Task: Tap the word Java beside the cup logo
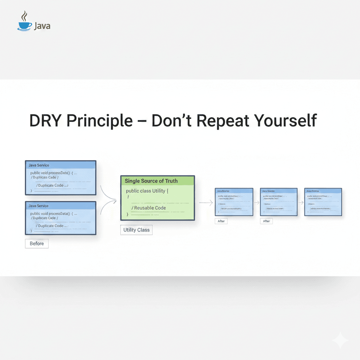click(x=42, y=26)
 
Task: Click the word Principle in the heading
click(x=99, y=121)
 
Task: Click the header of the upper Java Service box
click(x=60, y=165)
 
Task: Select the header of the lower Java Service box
click(x=60, y=206)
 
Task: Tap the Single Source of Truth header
click(x=157, y=181)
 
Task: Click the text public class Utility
click(x=147, y=191)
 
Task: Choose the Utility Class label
click(x=136, y=230)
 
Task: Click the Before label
click(x=37, y=243)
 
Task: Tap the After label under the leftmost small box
click(x=221, y=221)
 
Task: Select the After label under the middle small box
click(x=266, y=221)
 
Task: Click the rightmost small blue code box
click(x=323, y=202)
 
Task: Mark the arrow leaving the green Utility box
click(x=206, y=202)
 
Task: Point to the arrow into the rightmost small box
click(x=301, y=202)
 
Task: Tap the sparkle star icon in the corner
click(x=340, y=340)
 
